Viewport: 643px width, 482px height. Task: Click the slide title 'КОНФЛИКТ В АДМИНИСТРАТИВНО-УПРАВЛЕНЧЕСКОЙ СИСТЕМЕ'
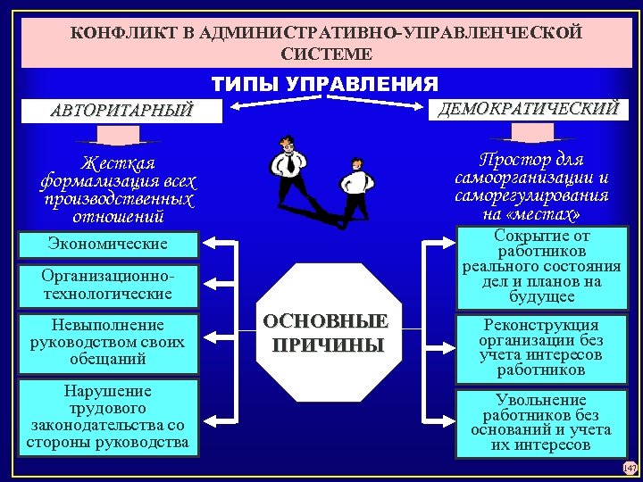(325, 43)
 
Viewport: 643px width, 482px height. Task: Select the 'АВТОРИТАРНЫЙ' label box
(121, 112)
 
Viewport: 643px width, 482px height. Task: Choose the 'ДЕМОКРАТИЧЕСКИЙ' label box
(527, 108)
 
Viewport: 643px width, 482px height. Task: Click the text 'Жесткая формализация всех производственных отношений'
(118, 189)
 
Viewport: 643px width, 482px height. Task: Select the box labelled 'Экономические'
(108, 245)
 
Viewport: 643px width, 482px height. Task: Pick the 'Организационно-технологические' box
(108, 285)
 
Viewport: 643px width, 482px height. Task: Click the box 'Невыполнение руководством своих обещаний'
(108, 341)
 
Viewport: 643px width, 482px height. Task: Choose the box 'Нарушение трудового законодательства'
(108, 417)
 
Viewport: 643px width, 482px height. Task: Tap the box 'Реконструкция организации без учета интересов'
(540, 346)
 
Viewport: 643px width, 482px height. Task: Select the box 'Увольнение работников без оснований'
(540, 422)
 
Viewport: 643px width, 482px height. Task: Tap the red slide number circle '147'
(630, 468)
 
